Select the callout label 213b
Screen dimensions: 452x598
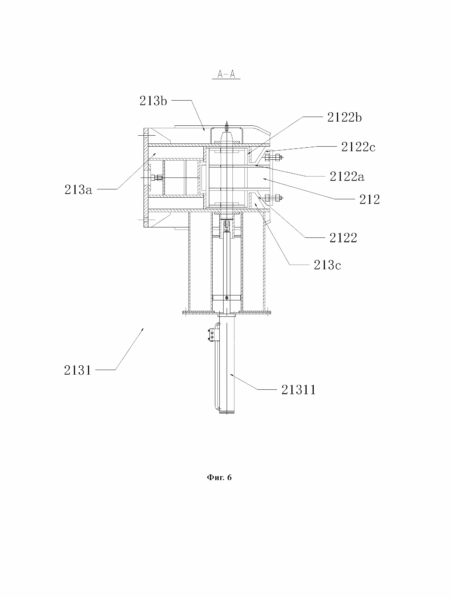[x=153, y=101]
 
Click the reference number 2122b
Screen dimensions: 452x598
[x=344, y=117]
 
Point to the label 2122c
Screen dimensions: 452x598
[x=358, y=147]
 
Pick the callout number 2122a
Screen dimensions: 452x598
[x=347, y=177]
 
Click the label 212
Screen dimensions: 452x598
[x=370, y=199]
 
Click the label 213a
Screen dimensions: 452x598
[x=78, y=190]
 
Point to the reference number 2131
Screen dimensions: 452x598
[x=78, y=370]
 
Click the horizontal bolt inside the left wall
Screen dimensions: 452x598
[x=157, y=178]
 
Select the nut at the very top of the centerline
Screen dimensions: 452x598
[x=227, y=126]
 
